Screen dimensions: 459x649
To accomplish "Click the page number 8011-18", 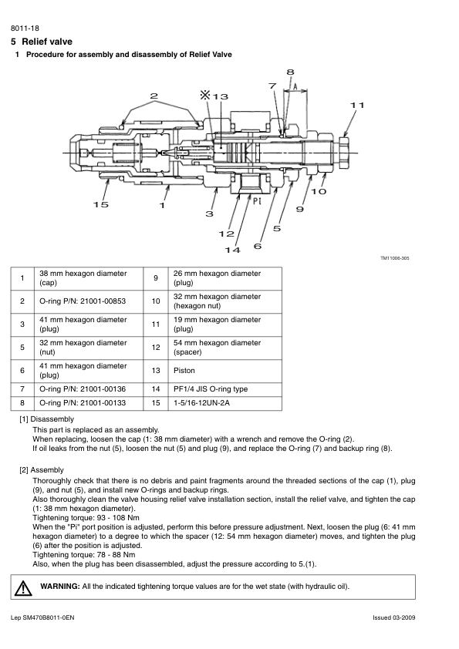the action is pos(25,29).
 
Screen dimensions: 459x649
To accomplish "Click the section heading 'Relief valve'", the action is pos(47,42).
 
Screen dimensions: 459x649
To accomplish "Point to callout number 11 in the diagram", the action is pos(357,105).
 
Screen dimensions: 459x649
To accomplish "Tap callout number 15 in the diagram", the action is pos(100,204).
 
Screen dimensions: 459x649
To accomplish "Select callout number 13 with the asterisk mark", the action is pos(214,96).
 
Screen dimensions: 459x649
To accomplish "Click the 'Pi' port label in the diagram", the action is pos(257,202).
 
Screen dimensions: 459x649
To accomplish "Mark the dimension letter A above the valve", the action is pos(295,86).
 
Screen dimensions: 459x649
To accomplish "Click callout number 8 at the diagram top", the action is pos(290,72).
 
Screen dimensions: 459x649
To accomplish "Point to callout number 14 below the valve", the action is pos(232,250).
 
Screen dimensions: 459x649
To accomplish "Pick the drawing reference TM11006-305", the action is pos(395,258).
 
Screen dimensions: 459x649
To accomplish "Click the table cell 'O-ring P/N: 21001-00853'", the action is pos(83,301).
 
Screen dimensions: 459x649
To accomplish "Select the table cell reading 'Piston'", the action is pos(184,371).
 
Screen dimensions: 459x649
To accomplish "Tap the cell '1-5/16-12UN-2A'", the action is pos(201,402).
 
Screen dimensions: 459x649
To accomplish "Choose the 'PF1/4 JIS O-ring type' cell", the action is pos(211,389).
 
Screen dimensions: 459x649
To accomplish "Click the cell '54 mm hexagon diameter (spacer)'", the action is pos(217,348).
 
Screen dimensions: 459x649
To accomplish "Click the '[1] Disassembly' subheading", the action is pos(46,419).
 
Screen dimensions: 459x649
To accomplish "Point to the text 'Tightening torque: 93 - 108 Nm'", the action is pos(86,518).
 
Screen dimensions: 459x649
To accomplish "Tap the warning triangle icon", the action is pos(23,588).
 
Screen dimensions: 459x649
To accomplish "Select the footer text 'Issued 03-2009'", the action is pos(394,617).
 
